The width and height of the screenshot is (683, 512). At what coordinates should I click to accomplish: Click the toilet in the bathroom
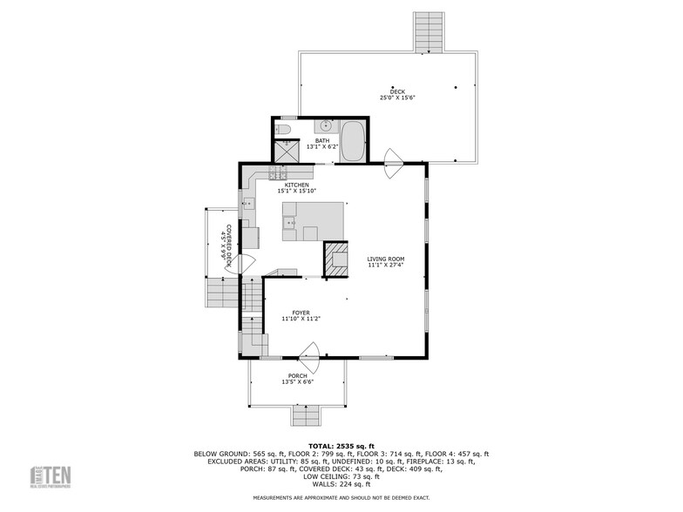point(282,130)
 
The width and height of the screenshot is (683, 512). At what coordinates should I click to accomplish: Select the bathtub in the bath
point(353,142)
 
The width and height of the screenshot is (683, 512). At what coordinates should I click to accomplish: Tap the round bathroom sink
point(324,126)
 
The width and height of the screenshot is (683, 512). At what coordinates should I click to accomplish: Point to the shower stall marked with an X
point(286,151)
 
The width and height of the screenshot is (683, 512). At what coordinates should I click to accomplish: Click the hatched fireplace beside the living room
point(335,259)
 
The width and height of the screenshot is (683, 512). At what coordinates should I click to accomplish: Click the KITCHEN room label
point(296,185)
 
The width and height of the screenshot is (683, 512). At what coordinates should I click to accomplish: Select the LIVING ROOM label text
point(385,259)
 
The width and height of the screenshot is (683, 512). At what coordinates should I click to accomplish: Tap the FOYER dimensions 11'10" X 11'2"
point(301,319)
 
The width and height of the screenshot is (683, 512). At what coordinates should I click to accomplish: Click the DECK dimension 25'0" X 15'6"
point(397,98)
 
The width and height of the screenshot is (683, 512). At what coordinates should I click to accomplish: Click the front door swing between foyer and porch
point(309,353)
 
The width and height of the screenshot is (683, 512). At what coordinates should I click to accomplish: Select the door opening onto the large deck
point(394,157)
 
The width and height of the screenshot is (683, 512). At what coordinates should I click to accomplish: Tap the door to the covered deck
point(241,265)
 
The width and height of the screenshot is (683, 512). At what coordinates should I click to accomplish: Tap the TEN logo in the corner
point(52,477)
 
